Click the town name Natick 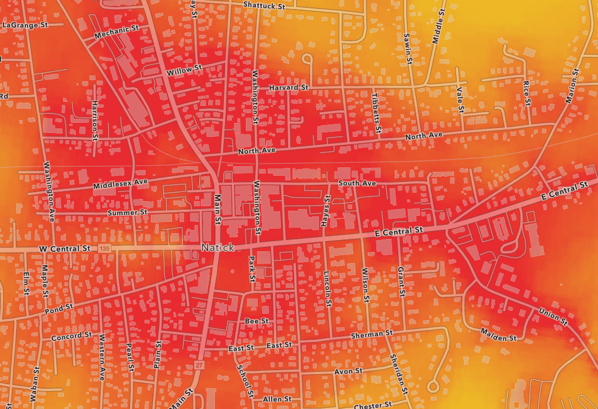pyautogui.click(x=217, y=247)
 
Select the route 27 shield pyautogui.click(x=199, y=366)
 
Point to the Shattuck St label pyautogui.click(x=264, y=5)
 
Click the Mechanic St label pyautogui.click(x=116, y=32)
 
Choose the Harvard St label pyautogui.click(x=289, y=88)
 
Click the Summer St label pyautogui.click(x=127, y=212)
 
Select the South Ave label pyautogui.click(x=357, y=184)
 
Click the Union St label pyautogui.click(x=552, y=315)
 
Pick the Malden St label pyautogui.click(x=498, y=335)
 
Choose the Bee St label pyautogui.click(x=257, y=321)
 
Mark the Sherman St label pyautogui.click(x=371, y=335)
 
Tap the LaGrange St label pyautogui.click(x=25, y=25)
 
